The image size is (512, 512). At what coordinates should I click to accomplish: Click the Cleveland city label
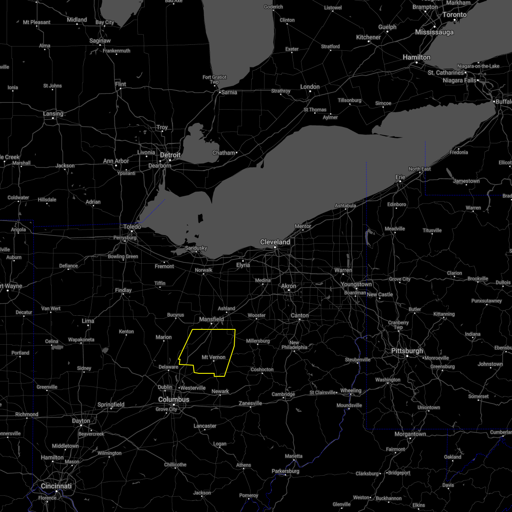(275, 242)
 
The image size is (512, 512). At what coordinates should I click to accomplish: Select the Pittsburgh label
(407, 351)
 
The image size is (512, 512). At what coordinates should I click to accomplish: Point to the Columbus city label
(174, 399)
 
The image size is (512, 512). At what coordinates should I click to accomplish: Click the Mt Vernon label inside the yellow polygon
(213, 357)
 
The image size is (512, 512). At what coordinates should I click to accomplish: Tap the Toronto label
(454, 15)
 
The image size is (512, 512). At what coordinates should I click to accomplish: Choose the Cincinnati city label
(56, 486)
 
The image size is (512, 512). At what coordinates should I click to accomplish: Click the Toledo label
(132, 227)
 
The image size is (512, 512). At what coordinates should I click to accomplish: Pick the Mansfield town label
(211, 319)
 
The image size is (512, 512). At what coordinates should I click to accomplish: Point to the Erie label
(400, 177)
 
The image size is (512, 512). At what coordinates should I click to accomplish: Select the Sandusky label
(196, 248)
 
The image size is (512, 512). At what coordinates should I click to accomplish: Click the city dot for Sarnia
(220, 92)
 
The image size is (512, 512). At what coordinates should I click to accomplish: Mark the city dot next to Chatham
(236, 153)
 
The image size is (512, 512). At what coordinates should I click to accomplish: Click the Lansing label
(53, 113)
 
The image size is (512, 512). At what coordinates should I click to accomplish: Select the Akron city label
(289, 286)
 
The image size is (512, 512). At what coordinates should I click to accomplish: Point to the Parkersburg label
(286, 471)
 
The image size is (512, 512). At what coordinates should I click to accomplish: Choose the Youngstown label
(356, 284)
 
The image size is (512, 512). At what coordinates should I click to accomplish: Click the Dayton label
(81, 421)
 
